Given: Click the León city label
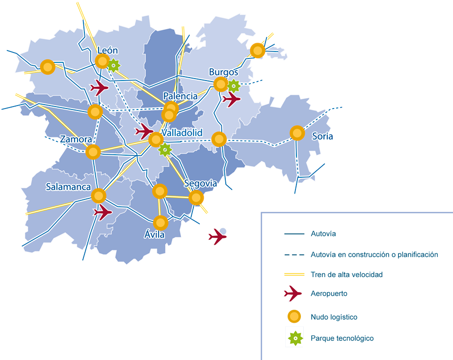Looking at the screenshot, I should click(107, 50).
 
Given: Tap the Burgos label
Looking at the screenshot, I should click(223, 72).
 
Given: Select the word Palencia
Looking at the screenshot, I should click(180, 96).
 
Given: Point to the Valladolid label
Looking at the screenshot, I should click(182, 133).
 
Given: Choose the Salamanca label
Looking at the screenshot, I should click(68, 187).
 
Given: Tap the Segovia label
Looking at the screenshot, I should click(200, 183).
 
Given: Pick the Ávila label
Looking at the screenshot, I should click(154, 235).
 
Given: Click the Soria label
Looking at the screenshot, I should click(322, 136).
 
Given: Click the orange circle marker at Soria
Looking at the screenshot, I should click(297, 133).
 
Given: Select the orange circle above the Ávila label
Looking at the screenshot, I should click(160, 223).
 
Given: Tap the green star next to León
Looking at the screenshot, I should click(114, 65).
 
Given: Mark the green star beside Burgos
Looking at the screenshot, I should click(234, 86).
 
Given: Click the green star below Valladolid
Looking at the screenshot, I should click(165, 149).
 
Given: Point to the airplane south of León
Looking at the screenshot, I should click(100, 88).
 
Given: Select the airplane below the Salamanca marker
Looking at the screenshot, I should click(103, 212).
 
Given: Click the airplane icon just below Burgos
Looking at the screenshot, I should click(231, 99).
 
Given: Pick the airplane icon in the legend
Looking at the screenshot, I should click(293, 294).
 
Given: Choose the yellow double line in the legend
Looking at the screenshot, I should click(294, 274).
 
